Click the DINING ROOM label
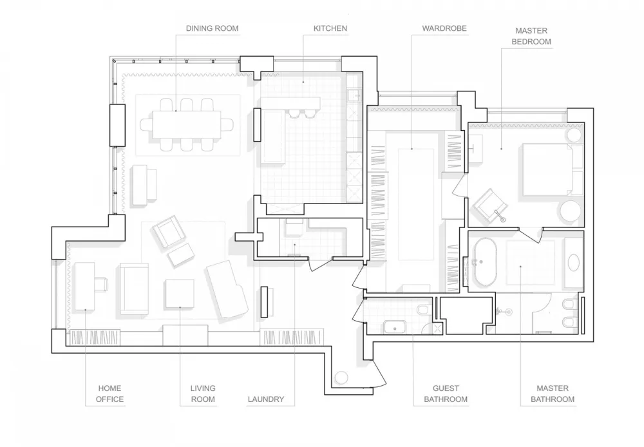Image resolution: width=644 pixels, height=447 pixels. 212,28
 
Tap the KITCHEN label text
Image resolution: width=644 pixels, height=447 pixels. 330,28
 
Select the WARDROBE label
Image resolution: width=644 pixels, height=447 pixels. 444,28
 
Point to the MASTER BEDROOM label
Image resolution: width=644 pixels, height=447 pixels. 531,35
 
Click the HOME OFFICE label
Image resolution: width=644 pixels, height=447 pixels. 110,394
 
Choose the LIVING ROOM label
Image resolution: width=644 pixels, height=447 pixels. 203,394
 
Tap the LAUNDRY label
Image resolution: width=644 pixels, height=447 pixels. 265,399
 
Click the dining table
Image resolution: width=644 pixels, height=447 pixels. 186,124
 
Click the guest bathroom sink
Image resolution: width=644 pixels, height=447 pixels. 394,327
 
